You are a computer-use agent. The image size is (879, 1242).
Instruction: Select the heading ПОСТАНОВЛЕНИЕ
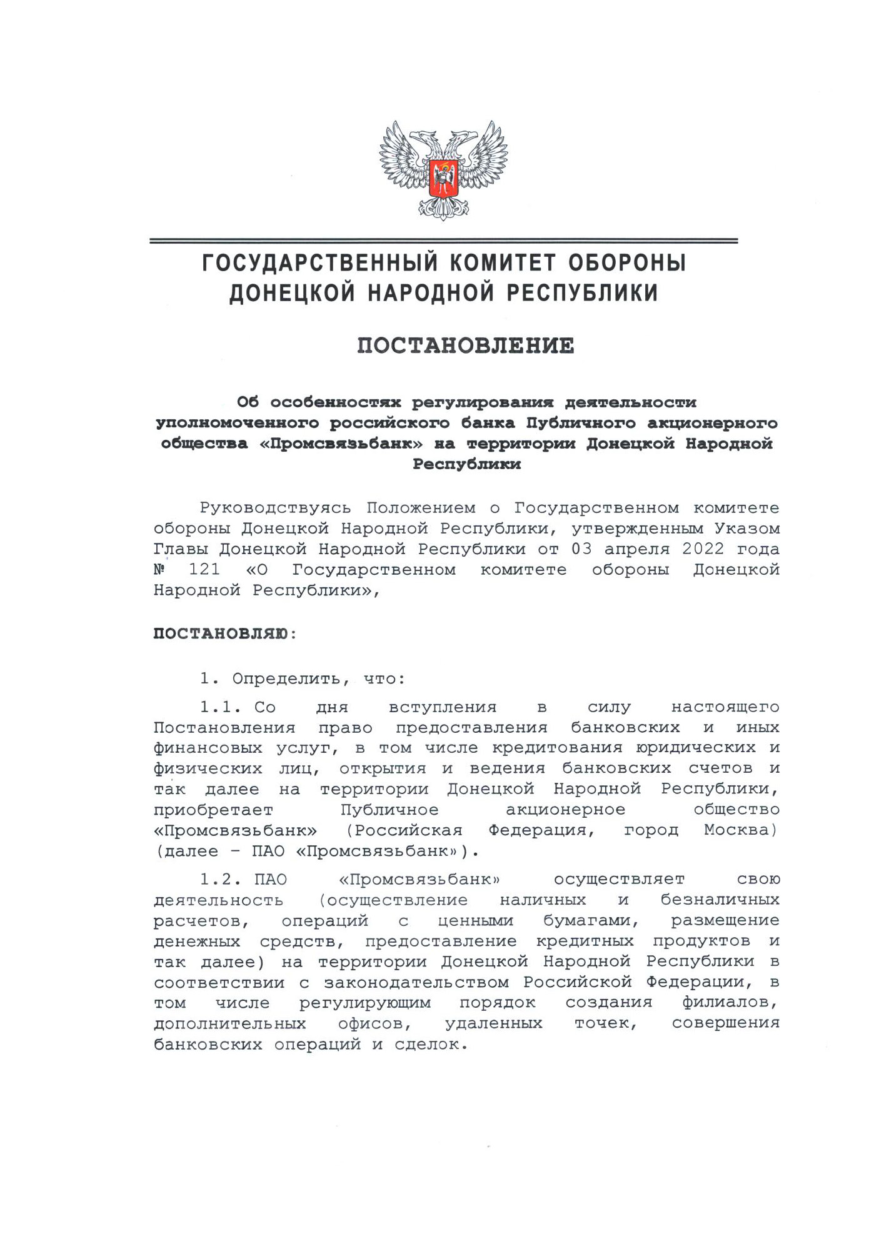tap(466, 345)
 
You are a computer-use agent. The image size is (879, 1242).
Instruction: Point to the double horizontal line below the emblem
tap(443, 241)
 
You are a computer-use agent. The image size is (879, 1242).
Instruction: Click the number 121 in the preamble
tap(204, 570)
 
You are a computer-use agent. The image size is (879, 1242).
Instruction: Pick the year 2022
tap(703, 549)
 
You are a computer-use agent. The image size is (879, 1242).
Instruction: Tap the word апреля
tap(636, 549)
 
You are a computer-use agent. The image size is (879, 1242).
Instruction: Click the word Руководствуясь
tap(275, 508)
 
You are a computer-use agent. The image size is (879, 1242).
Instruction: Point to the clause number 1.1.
tap(220, 707)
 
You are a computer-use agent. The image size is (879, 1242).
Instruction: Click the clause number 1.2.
tap(220, 880)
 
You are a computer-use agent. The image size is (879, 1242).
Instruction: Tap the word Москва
tap(740, 830)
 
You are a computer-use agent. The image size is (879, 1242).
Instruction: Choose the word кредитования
tap(557, 748)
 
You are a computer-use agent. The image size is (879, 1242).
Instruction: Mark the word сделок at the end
tap(431, 1044)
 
